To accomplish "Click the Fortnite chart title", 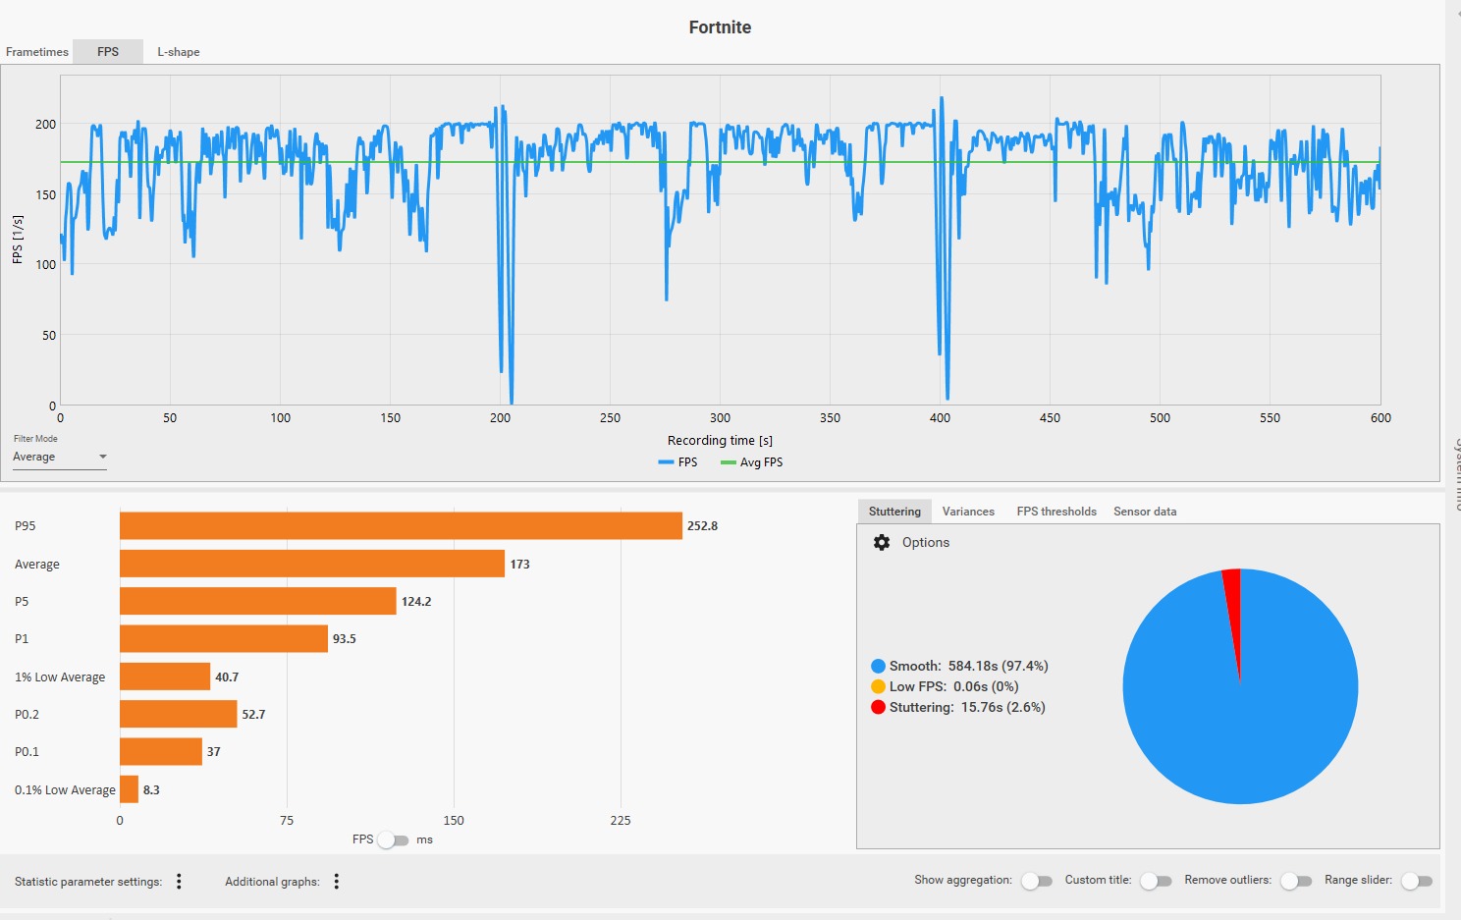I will tap(720, 27).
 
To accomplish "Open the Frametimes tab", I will tap(37, 52).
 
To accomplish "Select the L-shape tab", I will tap(179, 52).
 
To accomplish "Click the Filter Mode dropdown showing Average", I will tap(59, 458).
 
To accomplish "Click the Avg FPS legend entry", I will tap(752, 462).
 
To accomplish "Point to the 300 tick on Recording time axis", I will tap(720, 418).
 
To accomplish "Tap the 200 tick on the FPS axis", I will tap(45, 125).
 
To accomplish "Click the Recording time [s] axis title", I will tap(720, 441).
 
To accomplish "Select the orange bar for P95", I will tap(401, 526).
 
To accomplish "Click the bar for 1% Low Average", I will tap(165, 676).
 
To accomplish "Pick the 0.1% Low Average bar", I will tap(129, 789).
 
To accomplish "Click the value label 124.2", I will tap(416, 602).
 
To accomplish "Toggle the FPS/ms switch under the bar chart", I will tap(393, 840).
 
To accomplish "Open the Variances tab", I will tap(968, 512).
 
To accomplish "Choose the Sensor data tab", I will tap(1145, 512).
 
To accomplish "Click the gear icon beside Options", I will tap(882, 543).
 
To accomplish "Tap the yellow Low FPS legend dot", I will tap(878, 687).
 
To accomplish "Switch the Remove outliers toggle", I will tap(1296, 881).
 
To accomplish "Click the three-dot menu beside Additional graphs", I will tap(337, 882).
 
